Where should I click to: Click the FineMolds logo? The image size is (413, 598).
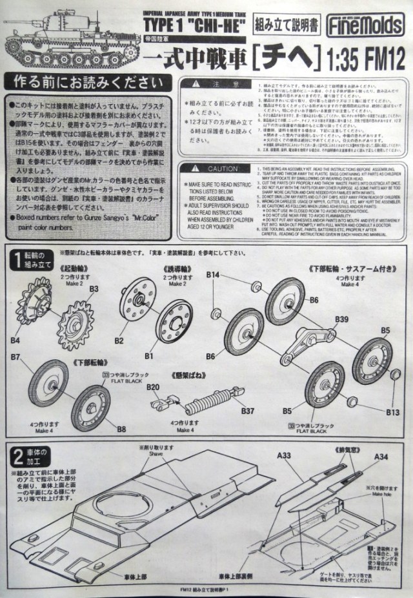point(376,26)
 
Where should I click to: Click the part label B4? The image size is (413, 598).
point(14,339)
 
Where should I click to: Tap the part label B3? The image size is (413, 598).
point(94,287)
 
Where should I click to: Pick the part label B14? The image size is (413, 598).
point(212,276)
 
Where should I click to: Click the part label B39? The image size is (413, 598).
point(342,319)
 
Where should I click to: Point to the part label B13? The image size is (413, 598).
point(392,411)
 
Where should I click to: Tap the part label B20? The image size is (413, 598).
point(152,386)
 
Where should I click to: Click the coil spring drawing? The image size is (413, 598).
point(210,404)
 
